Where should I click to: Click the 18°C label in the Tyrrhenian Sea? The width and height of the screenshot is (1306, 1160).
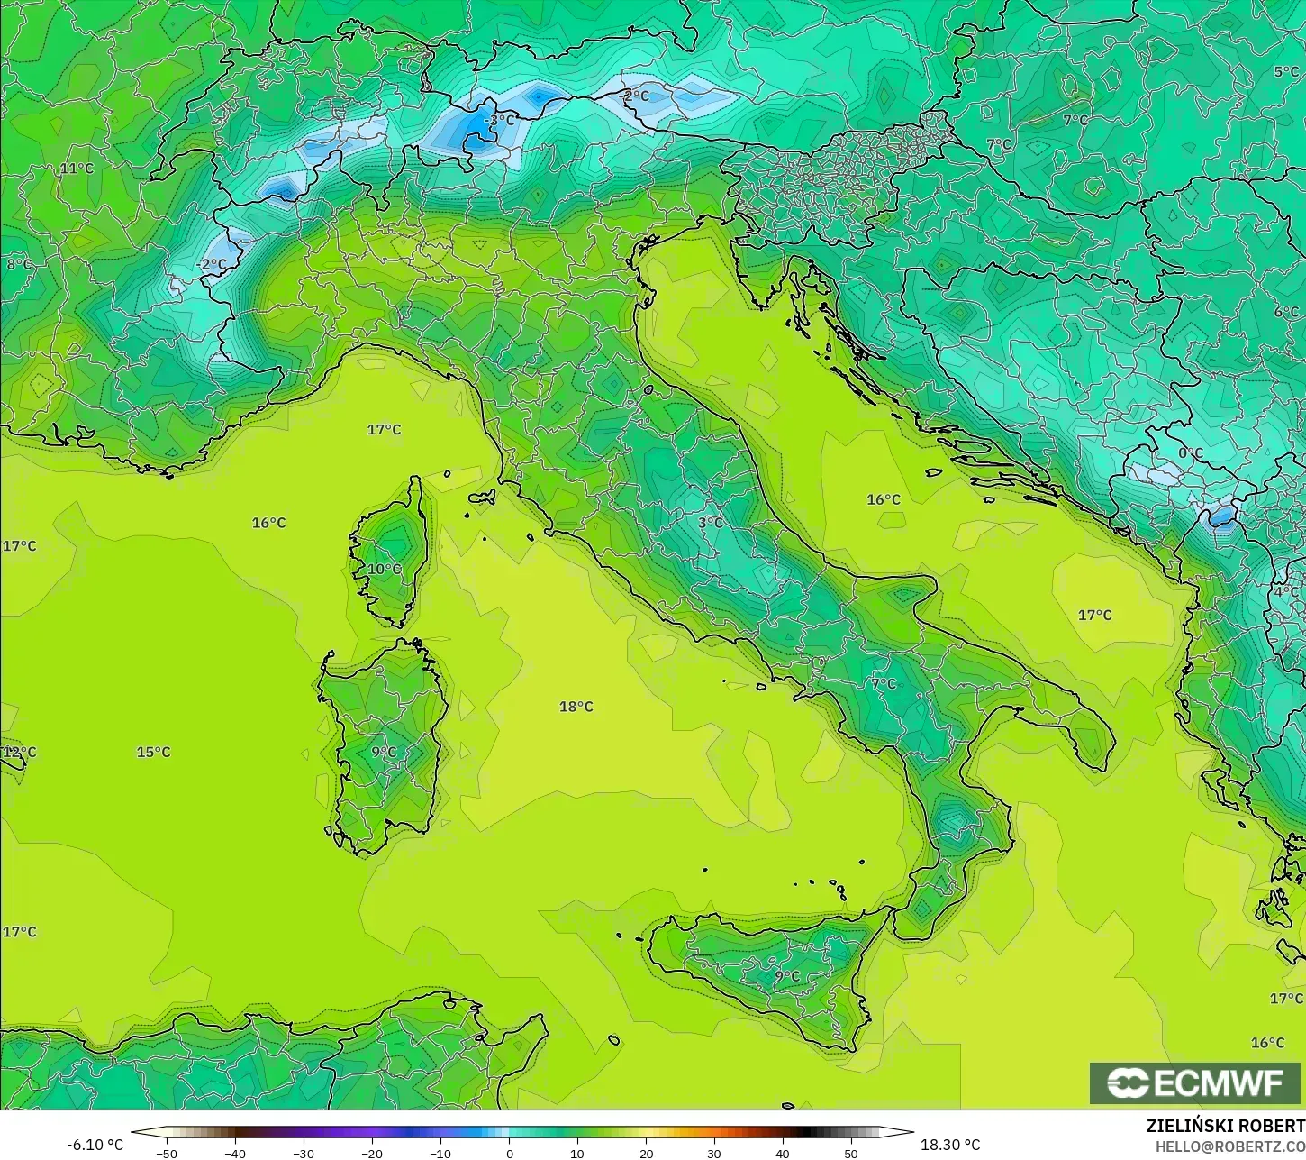coord(576,707)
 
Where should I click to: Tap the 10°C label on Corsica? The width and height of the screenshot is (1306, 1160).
coord(384,569)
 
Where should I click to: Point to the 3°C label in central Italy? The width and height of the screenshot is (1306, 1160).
coord(711,522)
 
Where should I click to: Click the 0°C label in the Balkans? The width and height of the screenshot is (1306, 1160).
coord(1191,453)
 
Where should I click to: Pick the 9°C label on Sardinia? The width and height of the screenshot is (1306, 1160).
coord(384,752)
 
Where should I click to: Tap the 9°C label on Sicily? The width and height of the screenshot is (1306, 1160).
coord(787,975)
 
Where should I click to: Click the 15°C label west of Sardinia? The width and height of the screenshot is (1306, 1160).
coord(153,752)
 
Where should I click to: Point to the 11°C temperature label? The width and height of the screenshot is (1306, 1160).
coord(77,169)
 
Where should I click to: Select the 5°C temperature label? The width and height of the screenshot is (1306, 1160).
coord(1286,72)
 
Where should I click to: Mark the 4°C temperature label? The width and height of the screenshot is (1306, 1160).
coord(1286,592)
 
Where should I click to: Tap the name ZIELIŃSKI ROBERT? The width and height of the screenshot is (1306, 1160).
coord(1225,1127)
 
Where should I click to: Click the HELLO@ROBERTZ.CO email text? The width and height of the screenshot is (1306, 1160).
coord(1230,1146)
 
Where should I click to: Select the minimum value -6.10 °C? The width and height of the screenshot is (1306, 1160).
coord(95,1145)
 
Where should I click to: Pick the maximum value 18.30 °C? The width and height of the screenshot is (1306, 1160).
coord(950,1145)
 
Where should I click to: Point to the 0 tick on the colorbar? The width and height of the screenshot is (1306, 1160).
coord(509,1153)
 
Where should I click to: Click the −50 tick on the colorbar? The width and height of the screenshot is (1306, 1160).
coord(166,1153)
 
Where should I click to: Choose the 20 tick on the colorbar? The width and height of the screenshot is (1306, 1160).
coord(646,1153)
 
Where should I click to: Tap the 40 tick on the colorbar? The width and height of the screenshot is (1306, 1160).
coord(783,1153)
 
